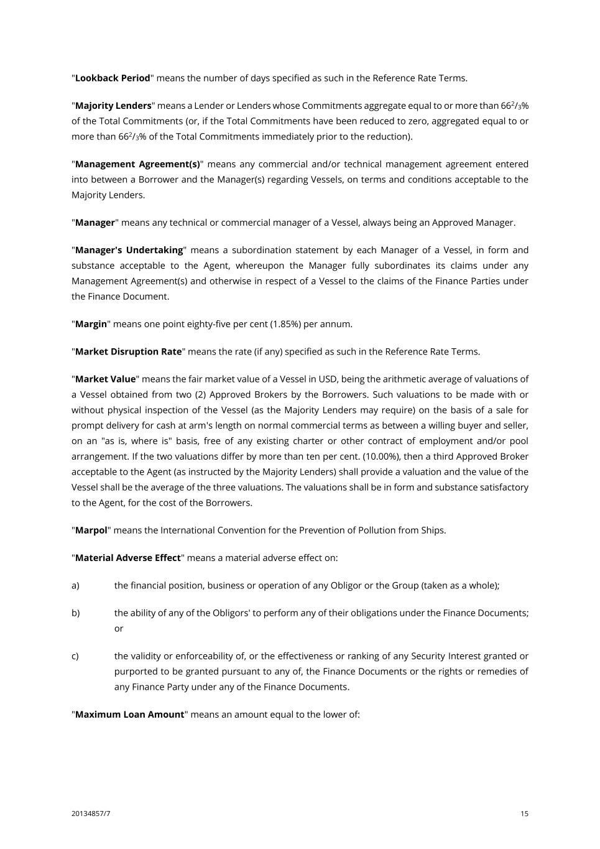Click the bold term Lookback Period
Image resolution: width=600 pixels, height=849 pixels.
(113, 78)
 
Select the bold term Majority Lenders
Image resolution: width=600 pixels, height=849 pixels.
(113, 106)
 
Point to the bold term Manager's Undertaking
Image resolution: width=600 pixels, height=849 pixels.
(129, 250)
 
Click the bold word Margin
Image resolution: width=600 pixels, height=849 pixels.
(91, 324)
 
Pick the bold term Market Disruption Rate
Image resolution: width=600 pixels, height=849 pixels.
(128, 351)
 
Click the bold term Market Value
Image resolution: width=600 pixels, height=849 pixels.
(105, 379)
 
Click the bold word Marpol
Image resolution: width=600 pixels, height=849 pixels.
(91, 531)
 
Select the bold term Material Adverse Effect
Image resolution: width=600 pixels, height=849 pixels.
(127, 558)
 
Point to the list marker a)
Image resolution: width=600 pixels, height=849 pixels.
(75, 585)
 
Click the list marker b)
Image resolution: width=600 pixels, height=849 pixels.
(75, 613)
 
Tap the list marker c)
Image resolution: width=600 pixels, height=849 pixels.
(75, 656)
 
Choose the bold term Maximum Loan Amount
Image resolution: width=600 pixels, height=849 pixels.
(129, 715)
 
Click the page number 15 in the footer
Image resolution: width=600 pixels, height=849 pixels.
(525, 814)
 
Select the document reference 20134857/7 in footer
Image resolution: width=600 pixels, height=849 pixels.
(91, 814)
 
